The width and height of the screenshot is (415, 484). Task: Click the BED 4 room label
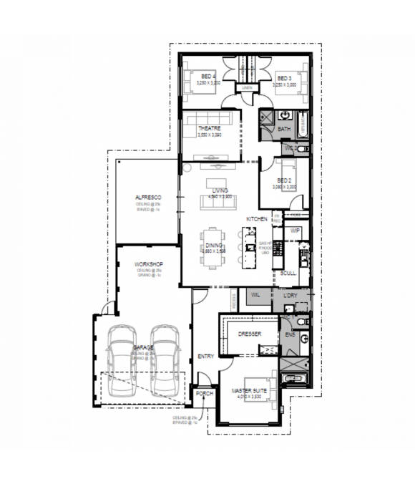click(207, 77)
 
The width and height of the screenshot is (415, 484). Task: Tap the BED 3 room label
click(284, 77)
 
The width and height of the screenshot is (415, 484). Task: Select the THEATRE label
click(209, 128)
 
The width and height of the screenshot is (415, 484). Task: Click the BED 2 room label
click(284, 180)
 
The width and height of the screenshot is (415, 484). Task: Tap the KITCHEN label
click(257, 218)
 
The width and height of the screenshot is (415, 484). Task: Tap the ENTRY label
click(205, 356)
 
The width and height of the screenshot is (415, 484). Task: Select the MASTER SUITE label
click(248, 391)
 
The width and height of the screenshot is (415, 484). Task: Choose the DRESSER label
click(249, 334)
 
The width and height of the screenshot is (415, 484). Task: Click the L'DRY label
click(290, 296)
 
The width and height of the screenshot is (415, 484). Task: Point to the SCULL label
click(288, 273)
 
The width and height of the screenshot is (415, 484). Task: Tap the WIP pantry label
click(295, 231)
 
